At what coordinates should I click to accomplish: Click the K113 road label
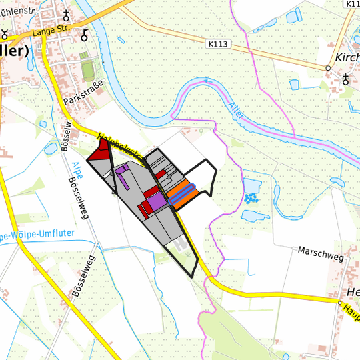click(218, 44)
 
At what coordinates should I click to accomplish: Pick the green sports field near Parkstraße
click(87, 69)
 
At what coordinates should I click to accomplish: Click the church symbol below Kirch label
click(345, 80)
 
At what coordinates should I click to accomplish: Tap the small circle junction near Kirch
click(328, 68)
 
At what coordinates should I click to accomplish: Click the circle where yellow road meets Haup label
click(339, 304)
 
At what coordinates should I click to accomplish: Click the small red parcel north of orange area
click(161, 174)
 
